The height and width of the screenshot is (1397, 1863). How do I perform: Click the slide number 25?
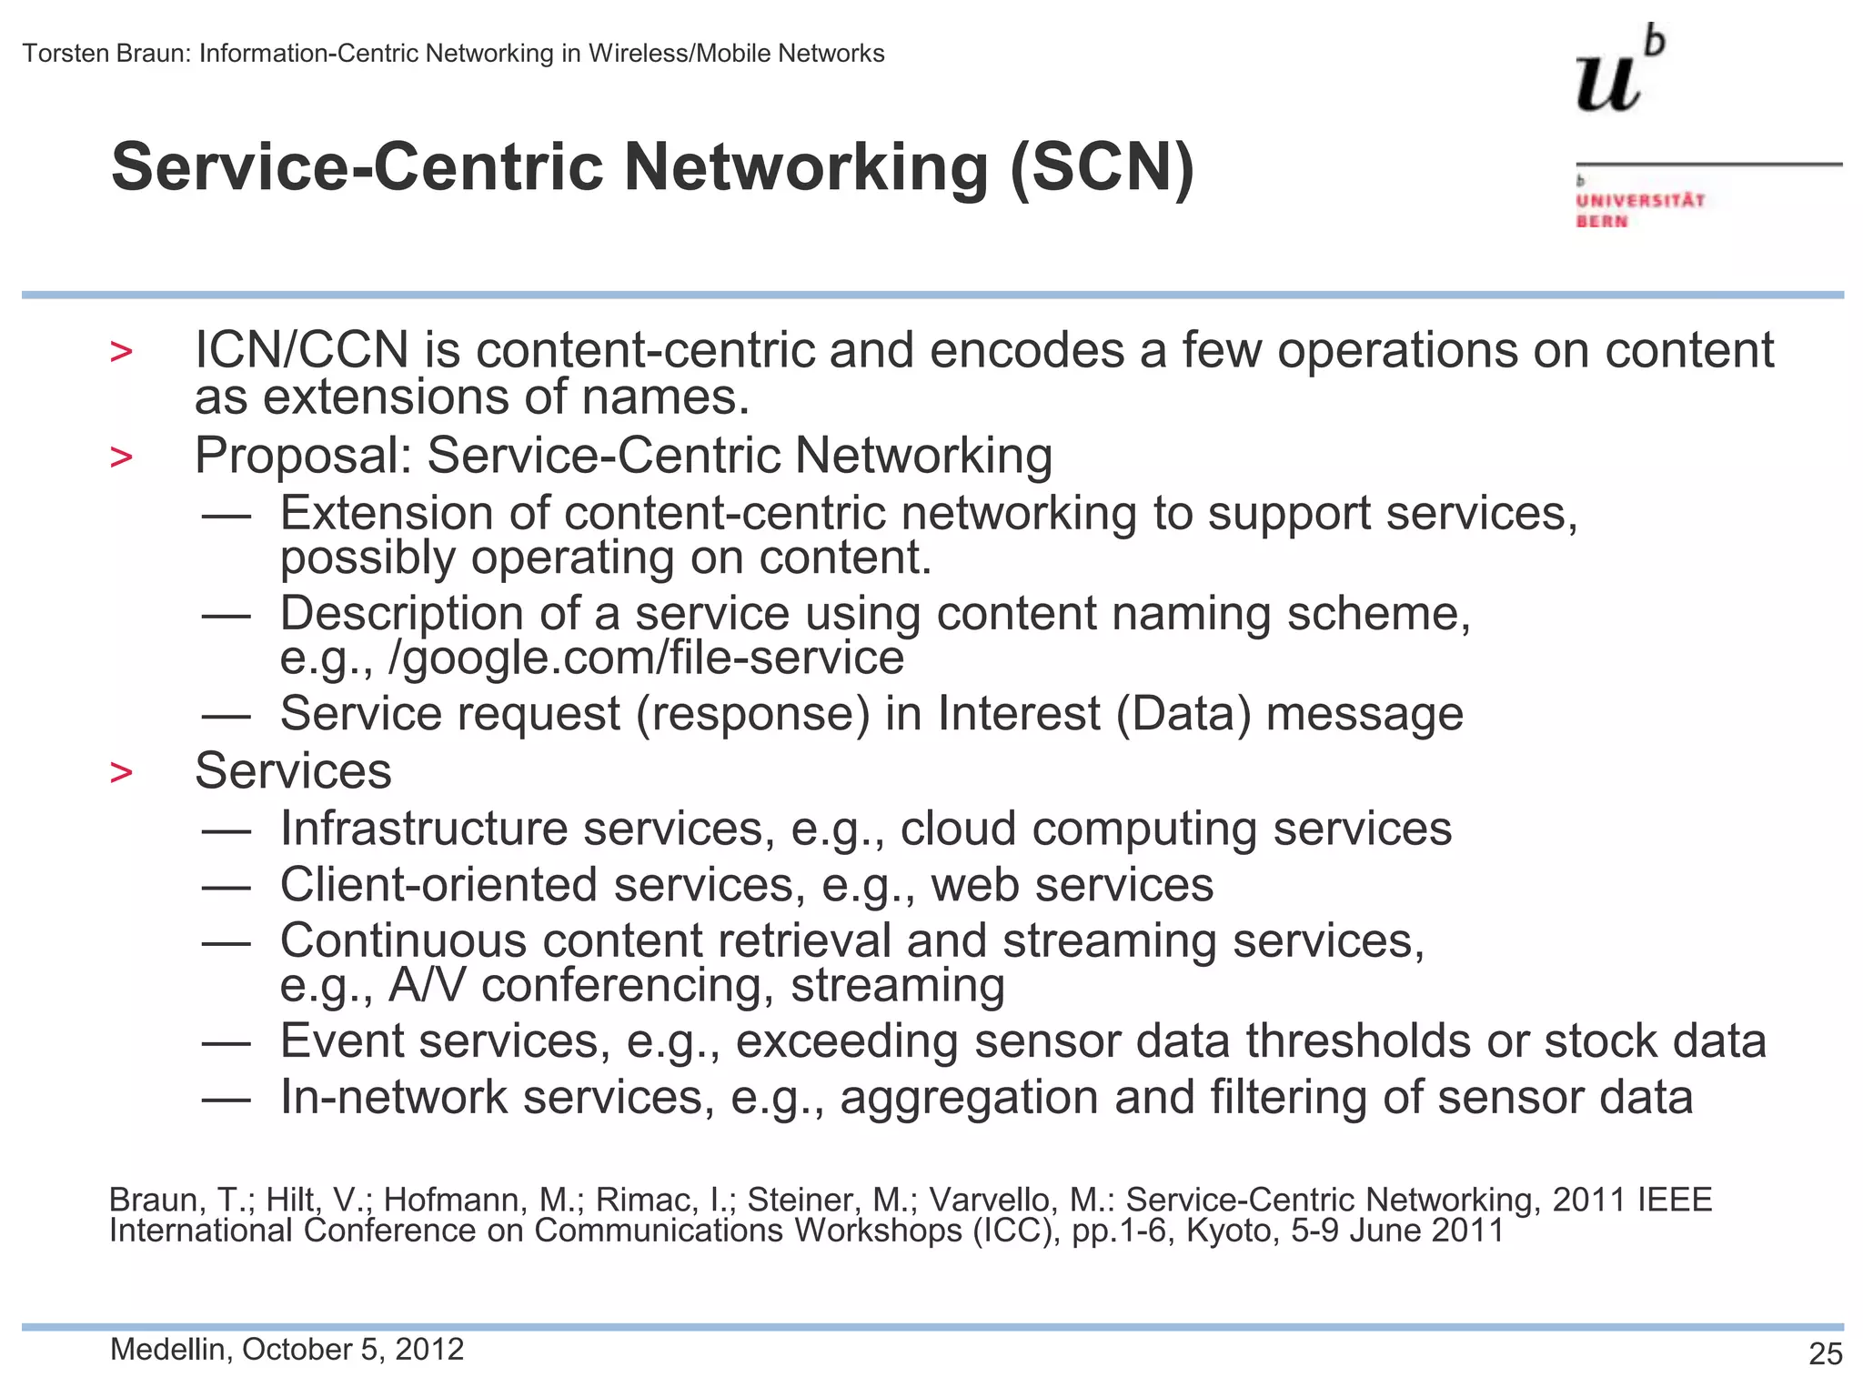pyautogui.click(x=1825, y=1354)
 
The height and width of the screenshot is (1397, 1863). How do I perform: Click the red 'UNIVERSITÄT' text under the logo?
pyautogui.click(x=1640, y=200)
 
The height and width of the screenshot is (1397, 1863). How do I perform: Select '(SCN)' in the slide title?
pyautogui.click(x=1102, y=168)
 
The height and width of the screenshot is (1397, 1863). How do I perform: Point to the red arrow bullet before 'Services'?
pyautogui.click(x=121, y=773)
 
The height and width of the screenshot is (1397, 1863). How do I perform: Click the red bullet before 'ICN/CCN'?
pyautogui.click(x=121, y=352)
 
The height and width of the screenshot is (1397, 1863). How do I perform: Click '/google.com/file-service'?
pyautogui.click(x=646, y=658)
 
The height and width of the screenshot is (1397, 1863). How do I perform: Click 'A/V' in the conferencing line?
pyautogui.click(x=428, y=985)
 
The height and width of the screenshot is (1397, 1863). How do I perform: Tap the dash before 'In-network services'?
pyautogui.click(x=227, y=1099)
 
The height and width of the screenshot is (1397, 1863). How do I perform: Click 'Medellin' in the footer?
pyautogui.click(x=168, y=1350)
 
